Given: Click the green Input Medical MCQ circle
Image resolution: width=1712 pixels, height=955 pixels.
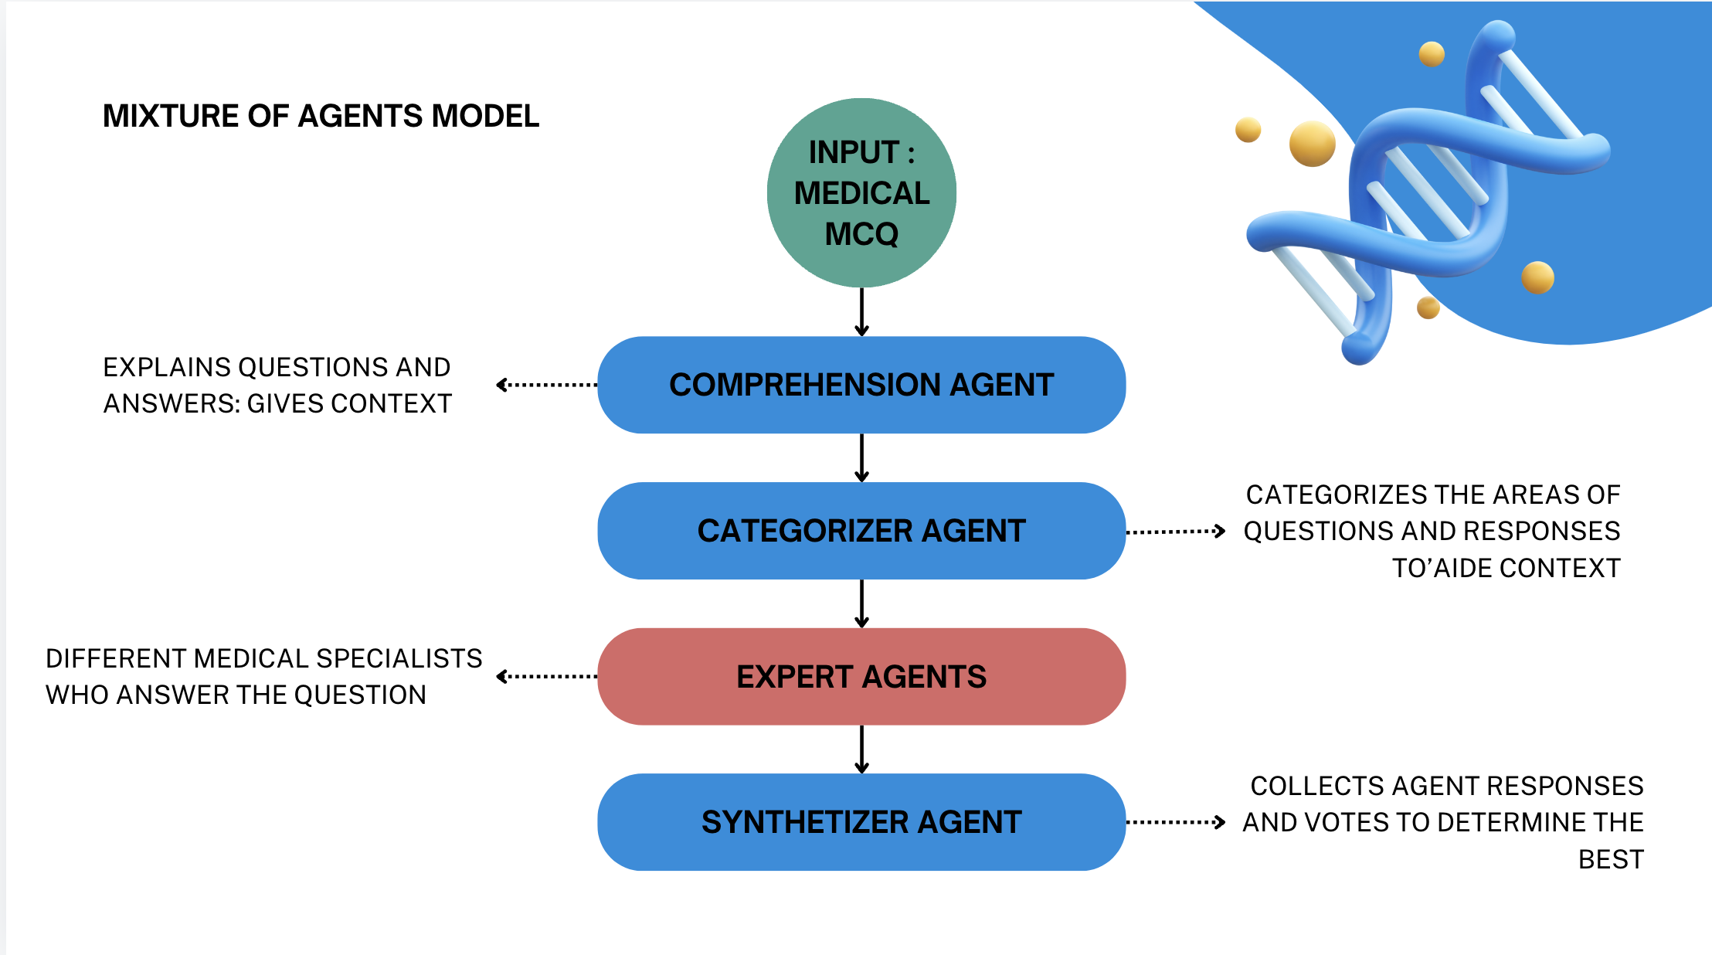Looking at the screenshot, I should [x=861, y=192].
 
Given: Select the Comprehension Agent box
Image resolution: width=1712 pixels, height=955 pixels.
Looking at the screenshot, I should [x=861, y=385].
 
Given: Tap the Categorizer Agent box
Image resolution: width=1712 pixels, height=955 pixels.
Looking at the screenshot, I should [x=861, y=531].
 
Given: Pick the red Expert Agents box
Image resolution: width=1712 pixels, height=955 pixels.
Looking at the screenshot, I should [x=861, y=677].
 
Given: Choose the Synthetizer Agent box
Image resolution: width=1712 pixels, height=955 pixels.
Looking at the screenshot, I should [x=861, y=822].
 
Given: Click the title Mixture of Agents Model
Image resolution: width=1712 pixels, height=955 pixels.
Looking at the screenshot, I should [x=321, y=116].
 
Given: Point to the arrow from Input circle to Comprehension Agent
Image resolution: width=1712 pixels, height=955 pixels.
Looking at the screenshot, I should [x=861, y=312].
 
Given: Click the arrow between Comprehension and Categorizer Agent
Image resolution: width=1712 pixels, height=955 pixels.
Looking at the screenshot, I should [x=861, y=458].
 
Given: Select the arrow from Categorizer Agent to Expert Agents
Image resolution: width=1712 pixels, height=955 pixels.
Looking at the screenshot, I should [x=861, y=604].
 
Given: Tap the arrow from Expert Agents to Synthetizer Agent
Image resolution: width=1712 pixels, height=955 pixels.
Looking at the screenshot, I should [x=861, y=749].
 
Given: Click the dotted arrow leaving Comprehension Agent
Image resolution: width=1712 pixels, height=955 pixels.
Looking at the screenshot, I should [x=546, y=385].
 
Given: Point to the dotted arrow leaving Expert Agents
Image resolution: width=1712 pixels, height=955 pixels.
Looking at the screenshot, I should [x=546, y=677].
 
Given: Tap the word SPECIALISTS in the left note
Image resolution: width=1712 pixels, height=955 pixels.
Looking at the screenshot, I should [x=399, y=658].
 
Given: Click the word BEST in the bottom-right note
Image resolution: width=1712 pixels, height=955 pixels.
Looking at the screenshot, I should [x=1611, y=859].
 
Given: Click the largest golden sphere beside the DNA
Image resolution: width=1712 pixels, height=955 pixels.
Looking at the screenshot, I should [x=1312, y=144].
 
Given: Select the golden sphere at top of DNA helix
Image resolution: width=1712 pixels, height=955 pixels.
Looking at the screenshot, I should [x=1432, y=54].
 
